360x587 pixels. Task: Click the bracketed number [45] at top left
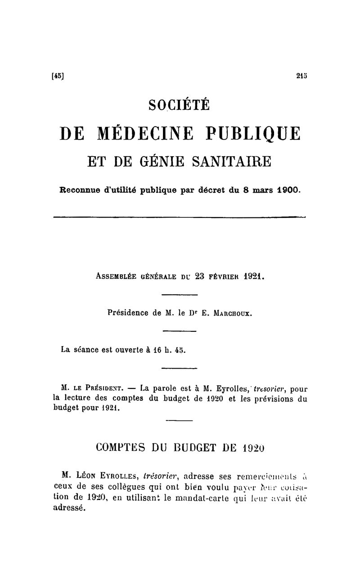click(x=58, y=76)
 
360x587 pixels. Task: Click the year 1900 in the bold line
click(x=288, y=190)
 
